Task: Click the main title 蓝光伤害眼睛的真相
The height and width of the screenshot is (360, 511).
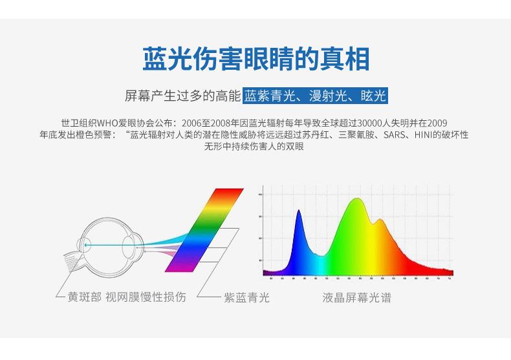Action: coord(255,59)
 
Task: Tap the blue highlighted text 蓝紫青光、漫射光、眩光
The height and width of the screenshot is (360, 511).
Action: coord(316,97)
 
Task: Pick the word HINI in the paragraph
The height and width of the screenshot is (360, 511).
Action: coord(425,135)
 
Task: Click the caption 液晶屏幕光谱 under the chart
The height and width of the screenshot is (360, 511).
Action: coord(356,298)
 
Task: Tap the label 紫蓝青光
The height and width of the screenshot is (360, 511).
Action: coord(246,298)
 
